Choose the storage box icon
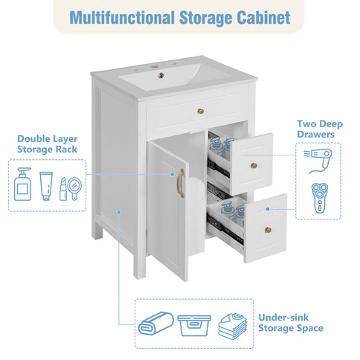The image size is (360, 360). click(x=193, y=325)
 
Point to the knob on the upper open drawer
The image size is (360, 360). click(x=254, y=165)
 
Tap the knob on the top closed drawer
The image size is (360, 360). click(x=199, y=112)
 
